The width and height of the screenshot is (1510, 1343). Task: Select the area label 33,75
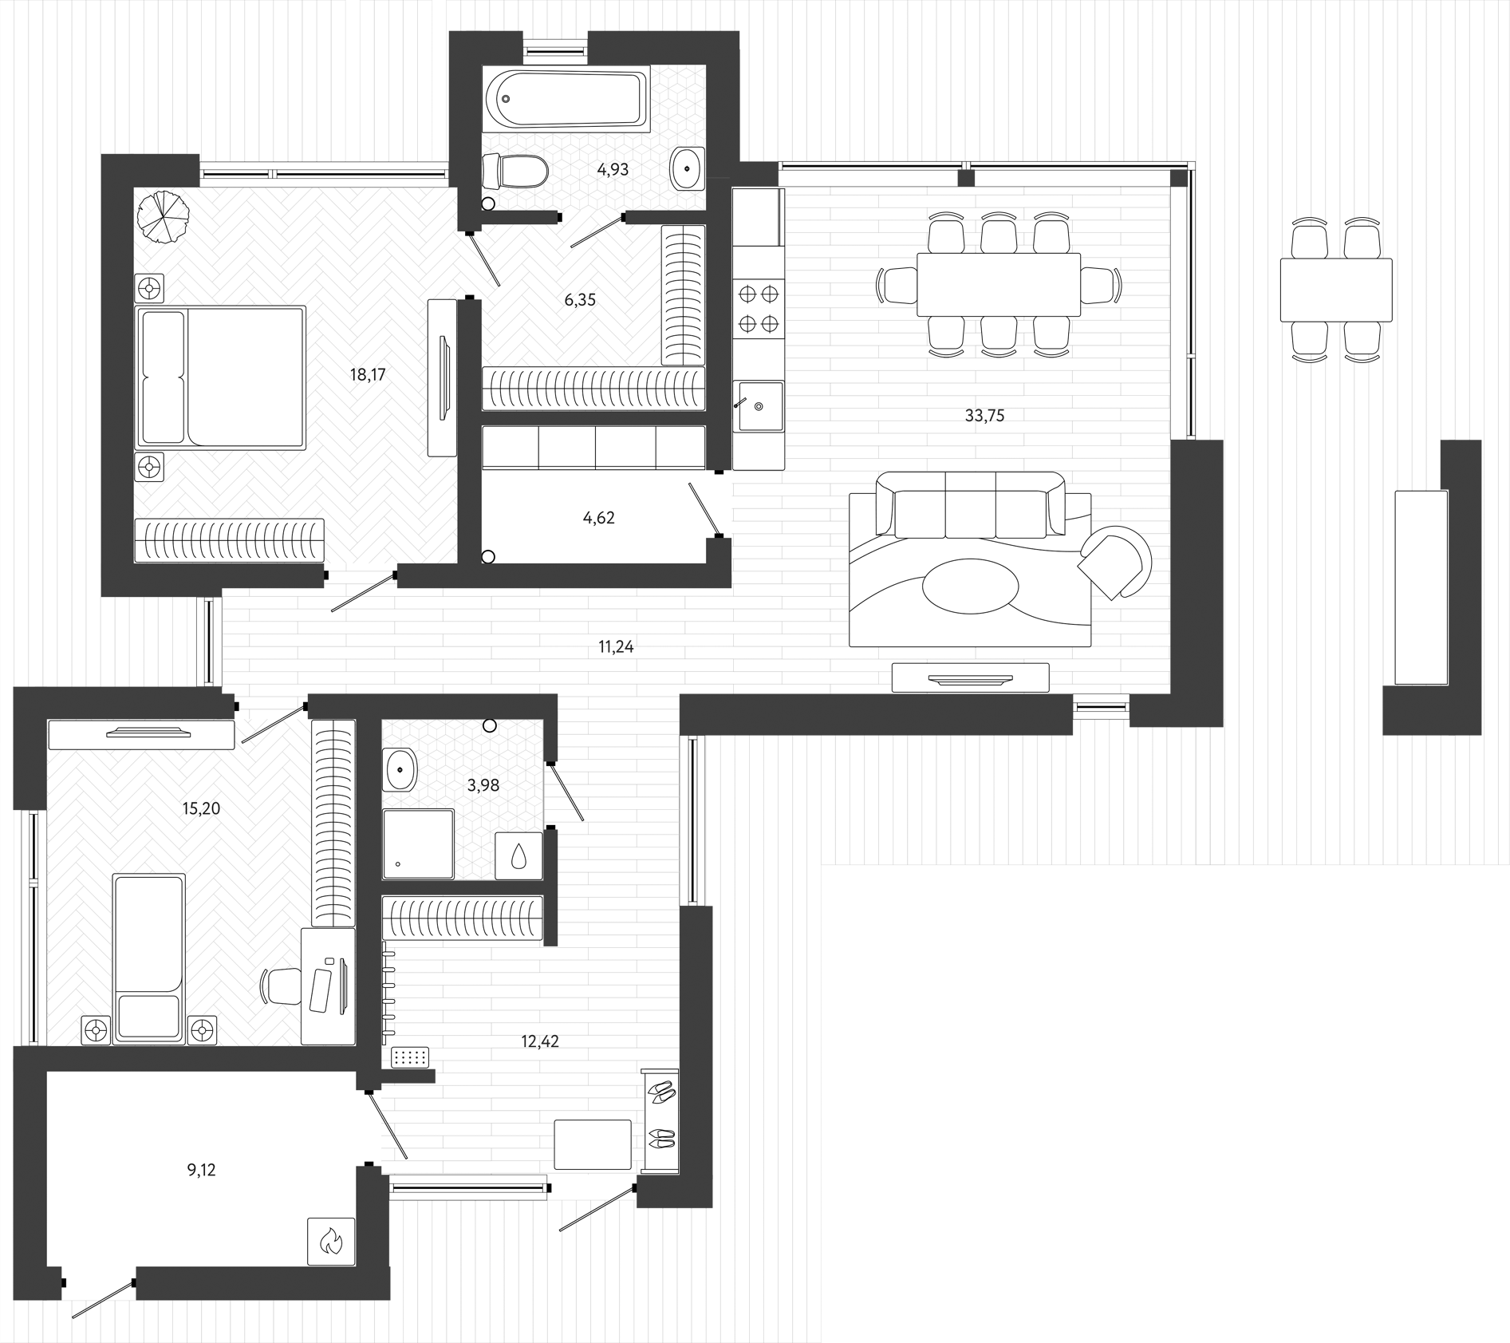coord(984,415)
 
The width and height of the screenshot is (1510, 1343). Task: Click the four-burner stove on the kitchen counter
coord(758,309)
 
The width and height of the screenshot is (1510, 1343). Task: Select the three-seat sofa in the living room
coord(970,504)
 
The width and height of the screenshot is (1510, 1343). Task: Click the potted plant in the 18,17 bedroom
coord(163,216)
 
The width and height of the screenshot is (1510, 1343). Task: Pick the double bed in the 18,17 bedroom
coord(221,377)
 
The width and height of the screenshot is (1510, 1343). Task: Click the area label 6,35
coord(580,300)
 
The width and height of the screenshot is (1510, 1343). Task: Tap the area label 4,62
coord(598,518)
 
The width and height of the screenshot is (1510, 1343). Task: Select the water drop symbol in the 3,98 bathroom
coord(518,856)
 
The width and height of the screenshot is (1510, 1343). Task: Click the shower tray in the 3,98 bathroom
coord(418,844)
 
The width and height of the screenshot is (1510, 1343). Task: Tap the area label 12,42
coord(540,1041)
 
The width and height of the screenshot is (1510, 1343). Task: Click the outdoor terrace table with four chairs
coord(1335,290)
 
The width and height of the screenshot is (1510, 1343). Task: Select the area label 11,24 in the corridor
coord(616,647)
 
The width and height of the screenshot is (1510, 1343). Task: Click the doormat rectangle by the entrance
coord(592,1144)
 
